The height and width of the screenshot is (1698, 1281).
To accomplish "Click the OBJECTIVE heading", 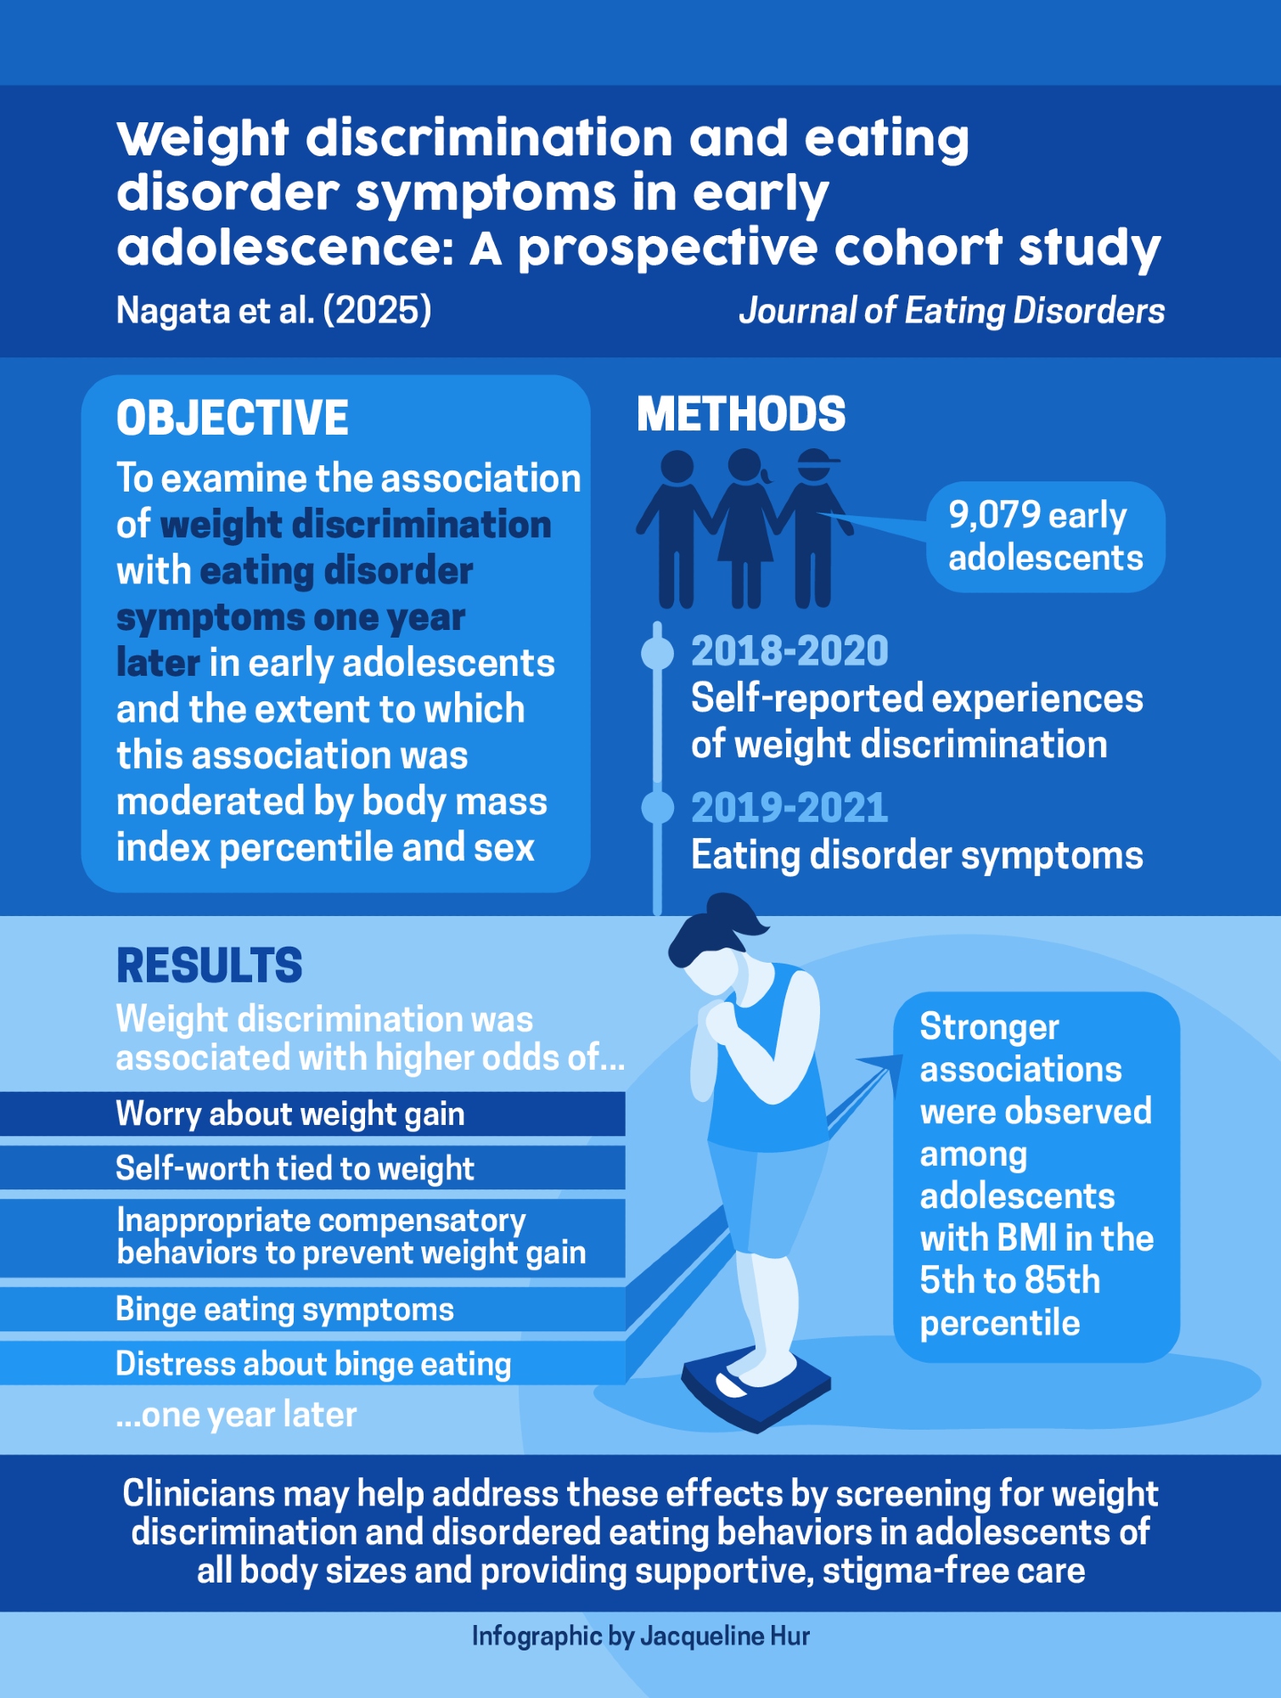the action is click(232, 418).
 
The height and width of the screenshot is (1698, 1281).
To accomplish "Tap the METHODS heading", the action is click(741, 414).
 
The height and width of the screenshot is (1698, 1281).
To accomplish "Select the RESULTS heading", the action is click(209, 965).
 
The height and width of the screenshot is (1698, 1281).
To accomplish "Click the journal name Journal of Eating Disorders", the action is click(952, 311).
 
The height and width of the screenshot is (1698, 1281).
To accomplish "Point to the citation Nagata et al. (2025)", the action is click(273, 311).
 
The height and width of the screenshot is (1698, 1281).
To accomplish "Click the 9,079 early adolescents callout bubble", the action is click(1045, 537).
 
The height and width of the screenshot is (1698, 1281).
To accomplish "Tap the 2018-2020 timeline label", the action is click(789, 651).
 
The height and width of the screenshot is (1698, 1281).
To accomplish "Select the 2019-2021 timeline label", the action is click(789, 807).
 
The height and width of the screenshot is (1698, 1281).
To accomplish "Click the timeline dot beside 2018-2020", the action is click(657, 652).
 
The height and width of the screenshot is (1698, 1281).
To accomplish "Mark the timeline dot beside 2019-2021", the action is click(657, 807).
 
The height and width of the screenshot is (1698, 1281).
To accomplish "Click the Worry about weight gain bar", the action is click(312, 1114).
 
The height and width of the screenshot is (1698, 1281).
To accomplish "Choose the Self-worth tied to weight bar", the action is click(312, 1168).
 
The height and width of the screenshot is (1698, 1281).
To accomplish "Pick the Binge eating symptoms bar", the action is click(312, 1309).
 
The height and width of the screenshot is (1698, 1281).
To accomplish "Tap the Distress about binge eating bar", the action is click(312, 1363).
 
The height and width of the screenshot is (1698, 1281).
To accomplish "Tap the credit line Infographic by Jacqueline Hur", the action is click(641, 1636).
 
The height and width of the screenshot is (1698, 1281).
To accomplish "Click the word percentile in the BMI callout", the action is click(1000, 1324).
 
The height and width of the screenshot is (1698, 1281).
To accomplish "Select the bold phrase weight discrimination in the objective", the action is click(356, 525).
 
